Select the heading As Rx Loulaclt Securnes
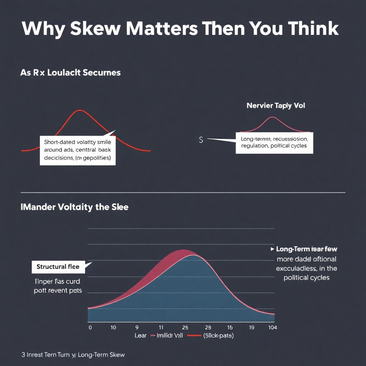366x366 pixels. click(x=70, y=73)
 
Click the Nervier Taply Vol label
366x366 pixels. click(x=276, y=105)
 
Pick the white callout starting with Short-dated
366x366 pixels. click(x=78, y=150)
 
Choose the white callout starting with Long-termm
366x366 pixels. click(x=274, y=142)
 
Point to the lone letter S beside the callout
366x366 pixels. click(x=201, y=140)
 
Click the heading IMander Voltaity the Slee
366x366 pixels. click(x=75, y=207)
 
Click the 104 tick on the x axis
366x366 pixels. click(x=272, y=327)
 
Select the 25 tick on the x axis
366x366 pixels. click(x=185, y=327)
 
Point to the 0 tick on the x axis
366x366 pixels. click(x=90, y=327)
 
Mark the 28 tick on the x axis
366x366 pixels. click(x=208, y=327)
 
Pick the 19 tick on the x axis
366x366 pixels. click(x=251, y=327)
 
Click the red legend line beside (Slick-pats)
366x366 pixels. click(x=194, y=336)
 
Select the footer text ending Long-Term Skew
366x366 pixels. click(x=73, y=355)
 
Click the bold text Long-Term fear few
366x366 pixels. click(x=307, y=249)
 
